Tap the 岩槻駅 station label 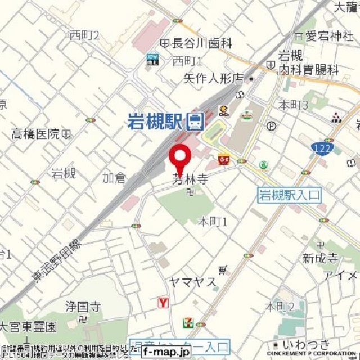[155, 120]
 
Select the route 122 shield [322, 147]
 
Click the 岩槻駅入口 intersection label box [289, 195]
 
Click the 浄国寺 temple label [83, 307]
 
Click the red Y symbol [164, 303]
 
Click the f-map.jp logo [166, 352]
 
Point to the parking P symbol [272, 125]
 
